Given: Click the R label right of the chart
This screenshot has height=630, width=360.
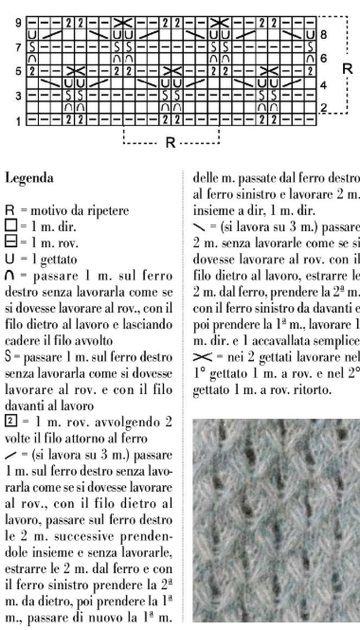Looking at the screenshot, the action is pyautogui.click(x=347, y=69).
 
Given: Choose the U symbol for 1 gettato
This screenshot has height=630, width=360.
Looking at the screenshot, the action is pyautogui.click(x=9, y=244).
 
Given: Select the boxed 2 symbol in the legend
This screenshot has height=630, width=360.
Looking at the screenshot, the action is pyautogui.click(x=10, y=388).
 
